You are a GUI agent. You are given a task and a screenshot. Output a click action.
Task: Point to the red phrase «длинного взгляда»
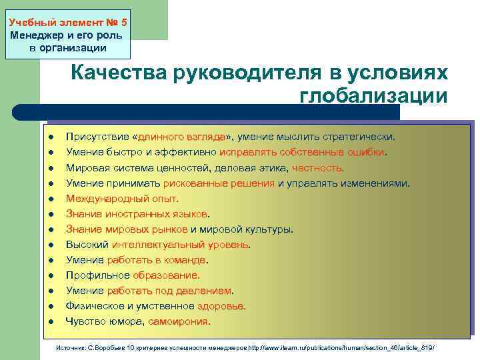pyautogui.click(x=181, y=137)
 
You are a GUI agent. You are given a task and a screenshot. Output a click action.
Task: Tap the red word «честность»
pyautogui.click(x=318, y=167)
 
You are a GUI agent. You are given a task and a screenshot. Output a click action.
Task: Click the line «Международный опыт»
pyautogui.click(x=122, y=198)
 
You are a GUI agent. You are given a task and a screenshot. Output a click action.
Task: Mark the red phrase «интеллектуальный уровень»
pyautogui.click(x=180, y=245)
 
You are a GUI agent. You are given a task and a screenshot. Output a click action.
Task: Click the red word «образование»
pyautogui.click(x=166, y=275)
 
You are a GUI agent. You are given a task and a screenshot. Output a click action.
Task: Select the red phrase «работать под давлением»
pyautogui.click(x=169, y=291)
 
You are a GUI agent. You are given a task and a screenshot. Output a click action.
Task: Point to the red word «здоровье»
pyautogui.click(x=221, y=306)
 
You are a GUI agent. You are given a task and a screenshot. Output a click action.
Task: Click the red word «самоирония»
pyautogui.click(x=179, y=321)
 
